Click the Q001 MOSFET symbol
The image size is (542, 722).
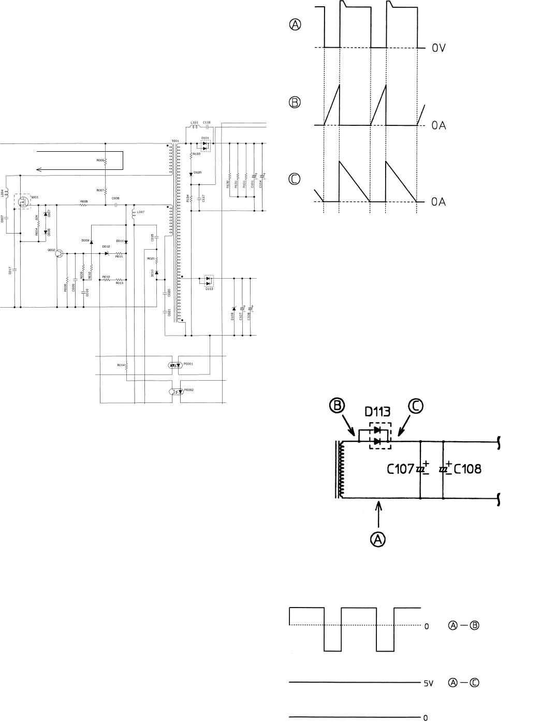point(23,202)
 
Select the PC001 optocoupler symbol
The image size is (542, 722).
point(174,365)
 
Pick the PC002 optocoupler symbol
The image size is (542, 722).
point(175,391)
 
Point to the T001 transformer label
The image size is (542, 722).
point(174,140)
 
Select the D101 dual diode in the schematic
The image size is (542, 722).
point(206,146)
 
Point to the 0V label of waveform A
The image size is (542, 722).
point(440,48)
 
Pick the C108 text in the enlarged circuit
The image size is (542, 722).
point(467,469)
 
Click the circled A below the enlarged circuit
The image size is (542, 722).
point(380,539)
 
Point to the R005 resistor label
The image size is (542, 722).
point(83,201)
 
